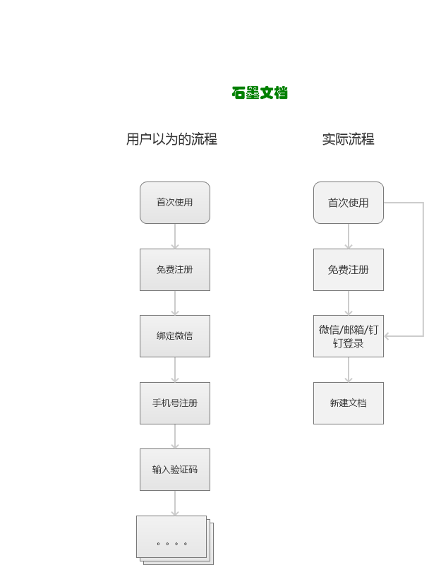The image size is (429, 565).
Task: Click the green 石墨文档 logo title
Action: click(x=260, y=93)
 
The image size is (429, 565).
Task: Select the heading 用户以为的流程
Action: click(x=171, y=139)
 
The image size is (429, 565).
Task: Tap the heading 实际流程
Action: click(x=348, y=139)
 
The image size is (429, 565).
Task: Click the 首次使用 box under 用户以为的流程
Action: click(x=175, y=203)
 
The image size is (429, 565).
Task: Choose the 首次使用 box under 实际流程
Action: click(x=349, y=203)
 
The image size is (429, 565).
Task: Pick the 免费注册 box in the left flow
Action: click(x=175, y=270)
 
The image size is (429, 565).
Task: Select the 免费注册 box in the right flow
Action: click(x=349, y=270)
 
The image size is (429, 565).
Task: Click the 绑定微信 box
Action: click(x=175, y=336)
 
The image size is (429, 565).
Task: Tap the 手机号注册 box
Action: click(x=175, y=403)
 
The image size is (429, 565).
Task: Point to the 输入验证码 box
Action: click(x=175, y=470)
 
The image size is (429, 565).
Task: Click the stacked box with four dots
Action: click(x=175, y=540)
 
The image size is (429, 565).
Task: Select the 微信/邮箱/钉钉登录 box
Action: click(x=349, y=336)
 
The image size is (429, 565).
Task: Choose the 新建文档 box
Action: click(x=349, y=403)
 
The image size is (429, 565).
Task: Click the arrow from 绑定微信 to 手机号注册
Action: click(x=175, y=369)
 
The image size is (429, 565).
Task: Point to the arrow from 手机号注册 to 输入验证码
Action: click(x=175, y=436)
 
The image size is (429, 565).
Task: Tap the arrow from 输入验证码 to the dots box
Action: click(x=175, y=503)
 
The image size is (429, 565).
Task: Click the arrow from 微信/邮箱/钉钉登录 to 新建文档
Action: click(x=349, y=369)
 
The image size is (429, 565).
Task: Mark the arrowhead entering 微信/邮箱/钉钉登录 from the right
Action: click(x=387, y=336)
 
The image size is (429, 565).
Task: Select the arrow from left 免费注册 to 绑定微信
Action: click(x=175, y=303)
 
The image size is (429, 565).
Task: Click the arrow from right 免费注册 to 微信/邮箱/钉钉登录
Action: click(x=349, y=303)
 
